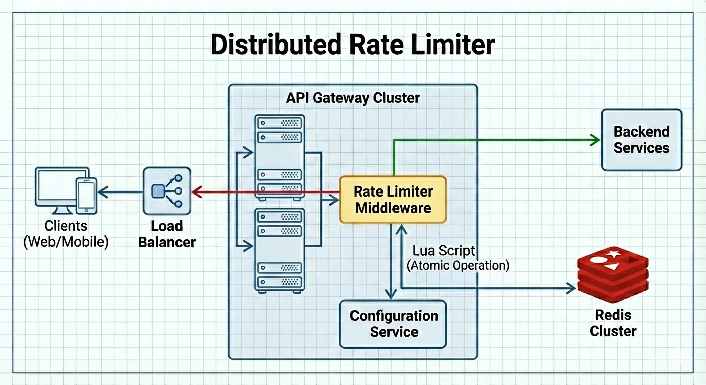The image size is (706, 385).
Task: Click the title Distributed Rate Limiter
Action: (352, 45)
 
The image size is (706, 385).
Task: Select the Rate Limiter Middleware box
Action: (393, 199)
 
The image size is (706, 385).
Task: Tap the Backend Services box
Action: (641, 140)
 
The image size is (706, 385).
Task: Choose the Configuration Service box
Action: (393, 324)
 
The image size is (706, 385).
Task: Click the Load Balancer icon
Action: (166, 191)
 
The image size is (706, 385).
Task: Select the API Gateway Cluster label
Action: (352, 97)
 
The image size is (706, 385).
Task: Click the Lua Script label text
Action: (444, 251)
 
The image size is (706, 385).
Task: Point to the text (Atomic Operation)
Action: (458, 265)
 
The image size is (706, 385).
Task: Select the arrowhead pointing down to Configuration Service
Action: (391, 293)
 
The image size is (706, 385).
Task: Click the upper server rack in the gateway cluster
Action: (279, 155)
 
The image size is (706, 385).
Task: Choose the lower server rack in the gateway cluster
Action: (279, 250)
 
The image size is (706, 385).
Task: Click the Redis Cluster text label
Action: (613, 323)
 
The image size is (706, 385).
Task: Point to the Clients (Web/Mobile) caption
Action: (66, 234)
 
